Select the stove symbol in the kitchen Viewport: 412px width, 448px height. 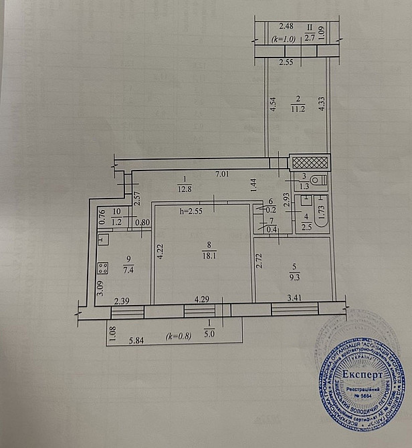pyautogui.click(x=104, y=267)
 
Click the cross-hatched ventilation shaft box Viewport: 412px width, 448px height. pyautogui.click(x=309, y=162)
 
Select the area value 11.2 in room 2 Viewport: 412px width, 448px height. pyautogui.click(x=298, y=111)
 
